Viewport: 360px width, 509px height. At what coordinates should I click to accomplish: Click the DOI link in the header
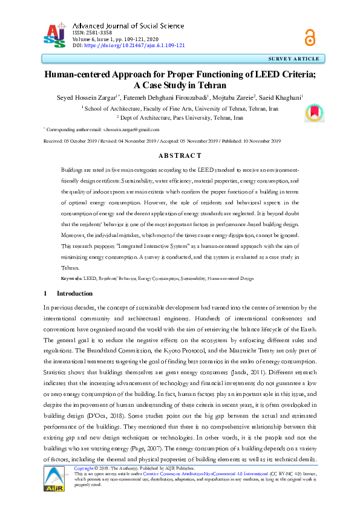(x=134, y=45)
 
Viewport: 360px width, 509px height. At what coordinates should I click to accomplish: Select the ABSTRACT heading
(x=180, y=155)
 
